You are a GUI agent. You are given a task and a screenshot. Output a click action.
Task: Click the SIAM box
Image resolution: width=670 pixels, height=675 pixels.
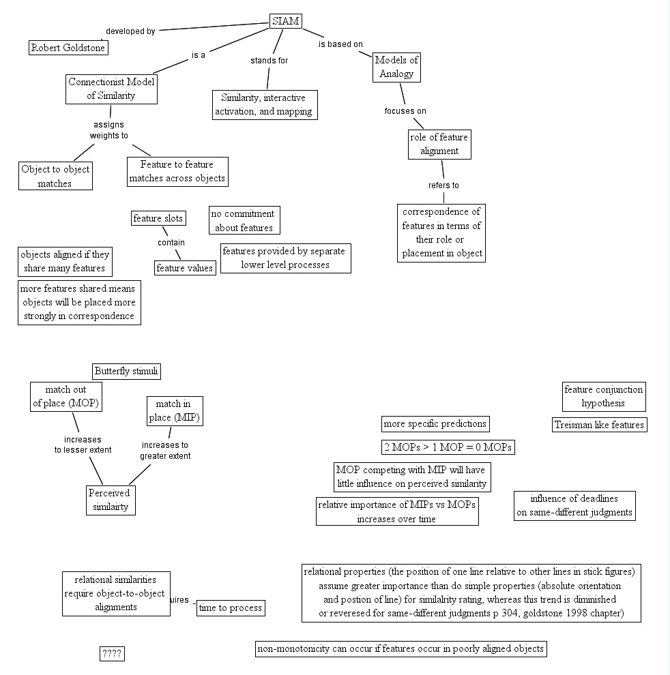click(285, 22)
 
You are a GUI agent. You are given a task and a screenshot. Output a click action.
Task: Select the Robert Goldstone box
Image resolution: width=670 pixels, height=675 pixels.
click(69, 48)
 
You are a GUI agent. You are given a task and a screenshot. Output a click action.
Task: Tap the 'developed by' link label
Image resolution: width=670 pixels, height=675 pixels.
click(130, 31)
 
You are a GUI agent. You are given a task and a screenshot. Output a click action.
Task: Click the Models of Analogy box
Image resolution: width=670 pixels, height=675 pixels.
click(396, 67)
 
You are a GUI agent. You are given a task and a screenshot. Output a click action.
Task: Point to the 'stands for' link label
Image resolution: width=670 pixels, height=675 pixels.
click(270, 61)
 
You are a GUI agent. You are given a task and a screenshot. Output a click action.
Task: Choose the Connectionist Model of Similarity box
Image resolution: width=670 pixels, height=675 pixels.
click(111, 89)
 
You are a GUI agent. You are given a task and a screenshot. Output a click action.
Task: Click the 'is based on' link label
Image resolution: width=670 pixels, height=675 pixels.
click(340, 44)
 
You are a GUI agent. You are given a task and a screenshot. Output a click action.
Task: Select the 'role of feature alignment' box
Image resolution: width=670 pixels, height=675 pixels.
click(439, 144)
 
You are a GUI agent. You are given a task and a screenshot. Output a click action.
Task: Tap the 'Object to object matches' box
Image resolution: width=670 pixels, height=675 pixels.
click(55, 176)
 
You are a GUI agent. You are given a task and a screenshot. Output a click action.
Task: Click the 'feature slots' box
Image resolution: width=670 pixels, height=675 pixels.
click(158, 218)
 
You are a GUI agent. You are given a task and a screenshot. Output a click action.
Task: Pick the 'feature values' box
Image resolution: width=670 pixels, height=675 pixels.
click(185, 268)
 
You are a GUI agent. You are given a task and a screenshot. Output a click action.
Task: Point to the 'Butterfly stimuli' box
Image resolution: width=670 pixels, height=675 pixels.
click(127, 372)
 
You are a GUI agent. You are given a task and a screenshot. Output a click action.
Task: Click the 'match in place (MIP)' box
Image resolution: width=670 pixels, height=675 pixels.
click(174, 411)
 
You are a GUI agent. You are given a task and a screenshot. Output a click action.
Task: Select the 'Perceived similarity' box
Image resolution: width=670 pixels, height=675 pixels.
click(110, 500)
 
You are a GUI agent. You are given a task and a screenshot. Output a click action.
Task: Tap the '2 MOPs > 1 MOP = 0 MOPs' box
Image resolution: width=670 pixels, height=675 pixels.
click(448, 447)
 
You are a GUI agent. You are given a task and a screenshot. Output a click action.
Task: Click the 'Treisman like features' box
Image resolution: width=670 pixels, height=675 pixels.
click(599, 425)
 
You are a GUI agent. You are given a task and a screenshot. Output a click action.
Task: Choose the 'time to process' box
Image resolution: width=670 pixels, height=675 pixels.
click(230, 608)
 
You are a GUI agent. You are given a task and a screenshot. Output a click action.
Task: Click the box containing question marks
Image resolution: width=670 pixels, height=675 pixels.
click(112, 654)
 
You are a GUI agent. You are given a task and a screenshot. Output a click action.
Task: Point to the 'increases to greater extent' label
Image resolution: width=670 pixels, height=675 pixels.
click(165, 451)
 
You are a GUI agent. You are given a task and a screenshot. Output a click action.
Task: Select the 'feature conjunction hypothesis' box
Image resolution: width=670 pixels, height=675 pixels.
click(603, 396)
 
